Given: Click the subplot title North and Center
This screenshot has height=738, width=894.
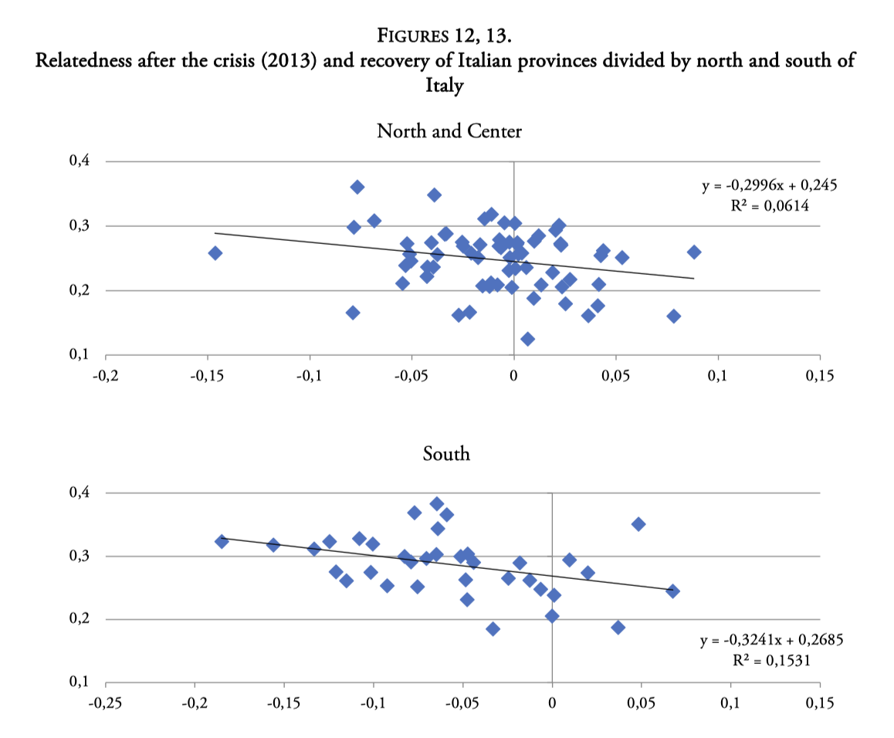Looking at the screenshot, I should click(449, 131).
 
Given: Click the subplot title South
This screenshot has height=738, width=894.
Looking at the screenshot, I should click(446, 454).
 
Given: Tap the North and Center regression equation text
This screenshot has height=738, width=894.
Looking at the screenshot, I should click(769, 186).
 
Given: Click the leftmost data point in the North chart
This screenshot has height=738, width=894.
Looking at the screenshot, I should click(215, 253).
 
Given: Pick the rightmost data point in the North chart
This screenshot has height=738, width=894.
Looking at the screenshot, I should click(694, 252).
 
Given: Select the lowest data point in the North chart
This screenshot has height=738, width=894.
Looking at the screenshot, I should click(528, 339).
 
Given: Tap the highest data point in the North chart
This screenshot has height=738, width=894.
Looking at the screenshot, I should click(357, 187).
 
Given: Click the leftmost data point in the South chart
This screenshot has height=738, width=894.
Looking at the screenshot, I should click(222, 541).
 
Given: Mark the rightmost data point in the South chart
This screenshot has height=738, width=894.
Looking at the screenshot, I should click(672, 591).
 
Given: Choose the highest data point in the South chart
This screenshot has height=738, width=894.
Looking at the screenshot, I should click(437, 504).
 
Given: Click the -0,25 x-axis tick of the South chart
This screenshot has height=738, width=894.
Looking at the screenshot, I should click(106, 704).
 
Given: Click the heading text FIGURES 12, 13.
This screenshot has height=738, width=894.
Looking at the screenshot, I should click(446, 36).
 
